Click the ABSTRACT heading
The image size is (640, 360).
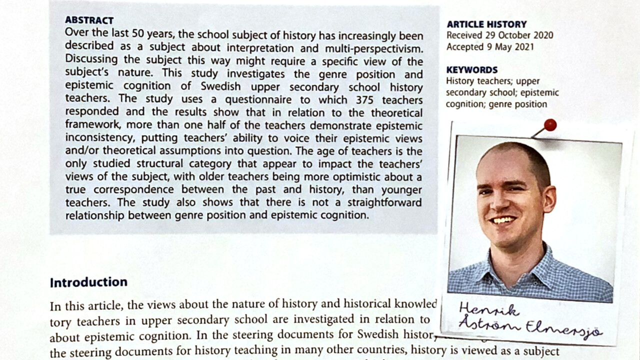(89, 20)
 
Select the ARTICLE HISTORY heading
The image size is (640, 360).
(486, 24)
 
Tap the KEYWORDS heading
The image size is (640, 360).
(471, 70)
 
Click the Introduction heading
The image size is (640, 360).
(88, 282)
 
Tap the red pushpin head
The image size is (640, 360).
(550, 125)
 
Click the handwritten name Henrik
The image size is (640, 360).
(482, 309)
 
